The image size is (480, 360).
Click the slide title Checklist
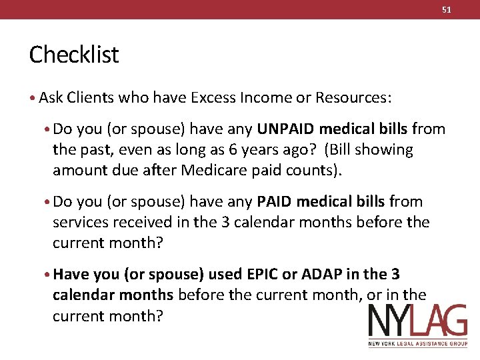click(73, 55)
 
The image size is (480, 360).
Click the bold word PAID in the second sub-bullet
click(274, 201)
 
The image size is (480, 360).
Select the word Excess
click(213, 98)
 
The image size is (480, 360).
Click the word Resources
click(353, 98)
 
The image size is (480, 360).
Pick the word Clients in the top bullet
click(90, 98)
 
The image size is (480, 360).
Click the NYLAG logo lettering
click(417, 323)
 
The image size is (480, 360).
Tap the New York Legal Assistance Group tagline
click(417, 344)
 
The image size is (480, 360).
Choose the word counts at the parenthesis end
click(317, 170)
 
